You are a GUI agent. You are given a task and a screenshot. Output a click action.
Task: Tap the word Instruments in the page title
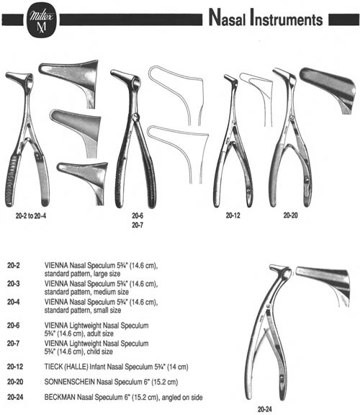[x=287, y=18]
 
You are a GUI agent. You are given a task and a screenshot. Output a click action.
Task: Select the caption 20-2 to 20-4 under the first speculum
[x=31, y=216]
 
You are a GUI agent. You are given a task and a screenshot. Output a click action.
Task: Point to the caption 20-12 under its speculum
[x=233, y=215]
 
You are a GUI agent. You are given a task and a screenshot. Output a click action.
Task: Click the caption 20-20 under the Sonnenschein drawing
[x=290, y=215]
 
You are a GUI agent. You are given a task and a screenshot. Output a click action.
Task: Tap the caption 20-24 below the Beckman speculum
[x=265, y=409]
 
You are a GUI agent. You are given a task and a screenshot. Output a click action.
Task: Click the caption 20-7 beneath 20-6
[x=138, y=226]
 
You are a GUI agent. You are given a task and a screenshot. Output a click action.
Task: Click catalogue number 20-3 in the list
[x=14, y=284]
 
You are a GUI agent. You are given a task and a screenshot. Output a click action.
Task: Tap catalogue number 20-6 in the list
[x=14, y=325]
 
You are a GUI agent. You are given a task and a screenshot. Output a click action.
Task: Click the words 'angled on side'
[x=182, y=397]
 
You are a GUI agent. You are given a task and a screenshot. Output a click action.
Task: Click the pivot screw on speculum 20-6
[x=135, y=117]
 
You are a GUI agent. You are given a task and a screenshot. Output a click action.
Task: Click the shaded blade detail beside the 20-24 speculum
[x=323, y=286]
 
